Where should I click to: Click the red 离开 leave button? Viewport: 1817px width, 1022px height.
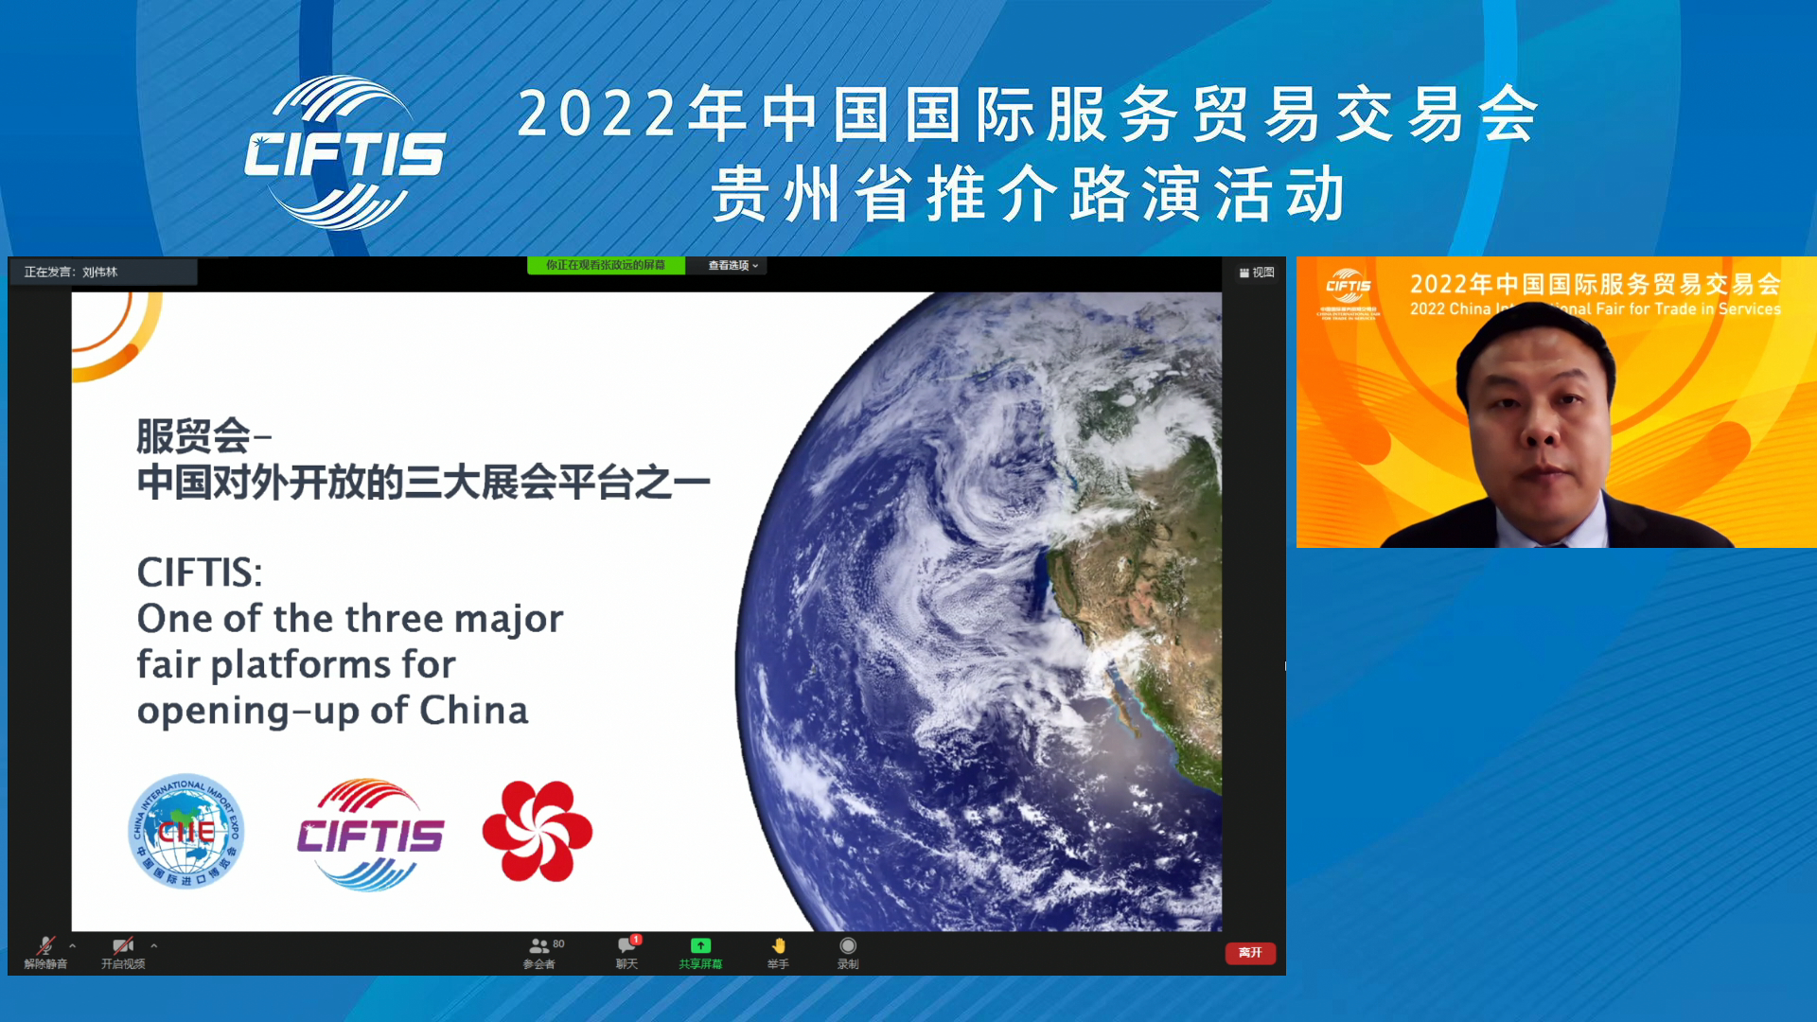click(x=1249, y=953)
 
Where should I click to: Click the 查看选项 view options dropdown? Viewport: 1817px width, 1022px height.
click(x=733, y=266)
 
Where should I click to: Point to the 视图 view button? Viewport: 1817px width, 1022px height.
click(x=1257, y=273)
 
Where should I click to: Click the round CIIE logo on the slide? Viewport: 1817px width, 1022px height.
click(x=185, y=832)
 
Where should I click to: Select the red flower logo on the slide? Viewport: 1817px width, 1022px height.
click(x=537, y=832)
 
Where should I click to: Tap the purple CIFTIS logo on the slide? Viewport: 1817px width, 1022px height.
click(x=370, y=835)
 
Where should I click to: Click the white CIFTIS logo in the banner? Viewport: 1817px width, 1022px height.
click(x=344, y=153)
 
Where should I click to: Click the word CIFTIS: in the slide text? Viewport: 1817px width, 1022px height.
click(x=200, y=573)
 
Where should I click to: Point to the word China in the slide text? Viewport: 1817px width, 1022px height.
click(x=473, y=711)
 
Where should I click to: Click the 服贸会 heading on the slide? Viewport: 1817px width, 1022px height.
click(x=193, y=436)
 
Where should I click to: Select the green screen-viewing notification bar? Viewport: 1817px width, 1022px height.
click(x=606, y=266)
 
